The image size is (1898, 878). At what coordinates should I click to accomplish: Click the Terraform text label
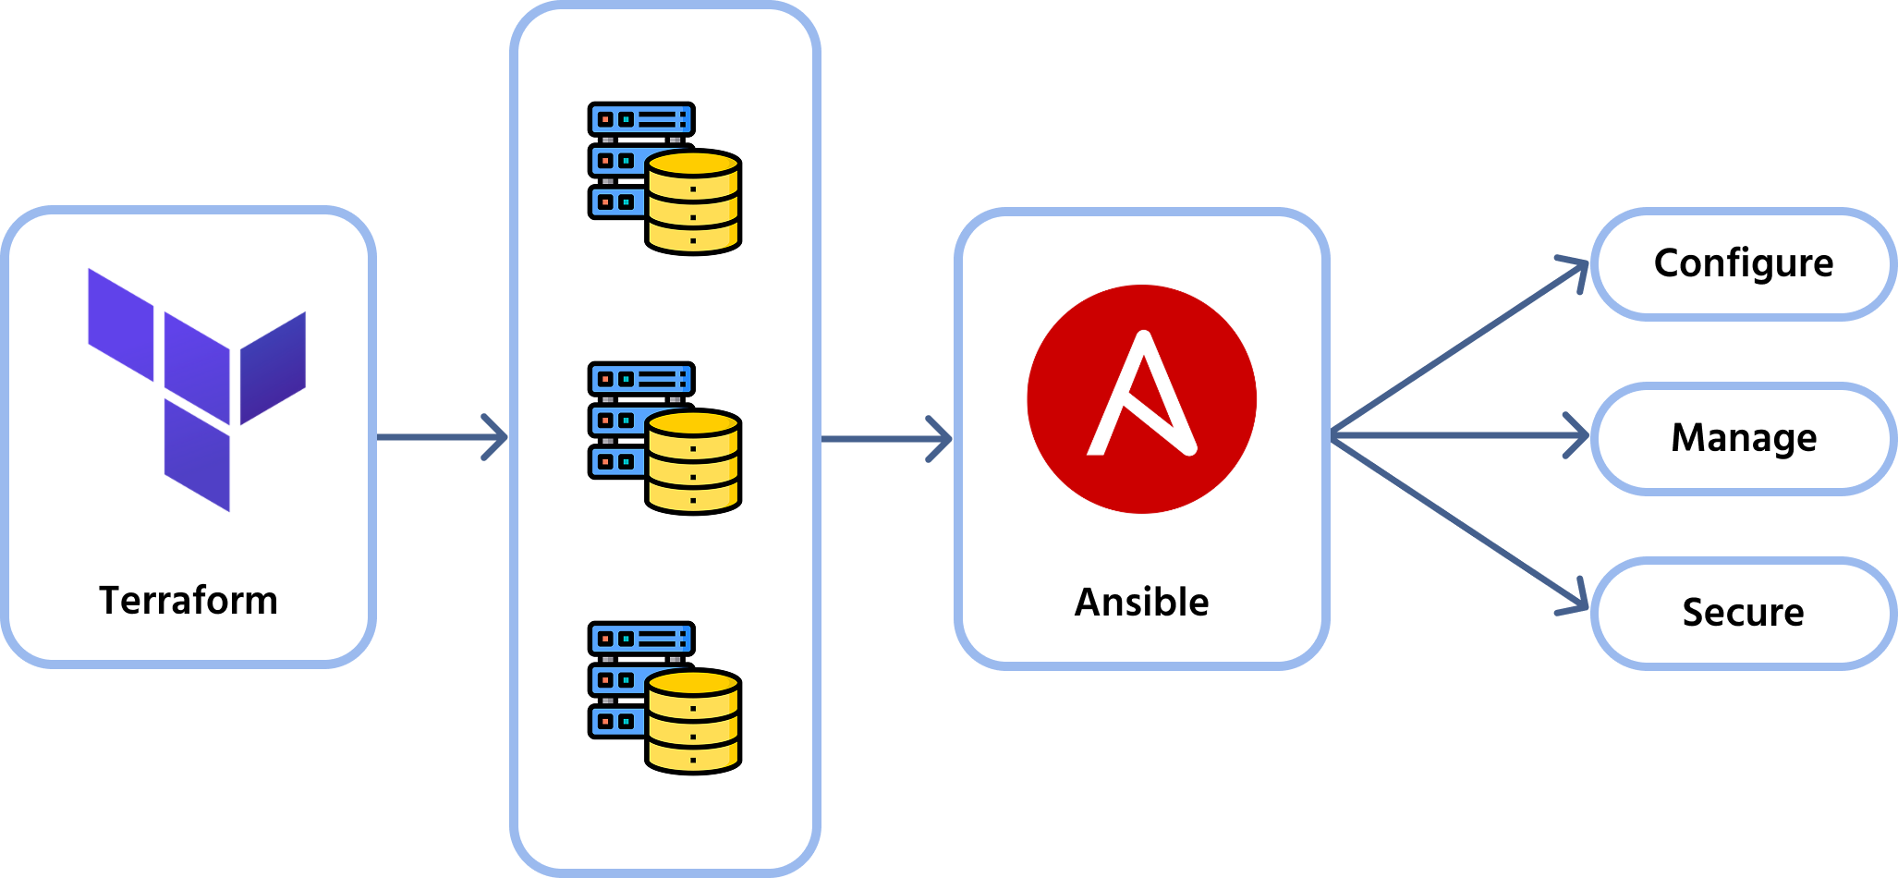pos(189,601)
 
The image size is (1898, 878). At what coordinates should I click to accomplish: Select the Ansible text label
pos(1141,603)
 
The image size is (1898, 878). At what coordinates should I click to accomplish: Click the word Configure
pos(1744,263)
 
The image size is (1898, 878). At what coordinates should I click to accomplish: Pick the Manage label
pos(1744,438)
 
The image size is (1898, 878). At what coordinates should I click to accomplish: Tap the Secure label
pos(1743,613)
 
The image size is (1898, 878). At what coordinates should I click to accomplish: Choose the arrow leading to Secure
pos(1460,525)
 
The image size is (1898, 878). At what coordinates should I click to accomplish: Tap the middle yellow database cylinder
pos(693,461)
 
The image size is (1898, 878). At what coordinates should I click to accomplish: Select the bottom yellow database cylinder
pos(693,721)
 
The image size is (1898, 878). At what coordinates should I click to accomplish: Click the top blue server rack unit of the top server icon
pos(641,119)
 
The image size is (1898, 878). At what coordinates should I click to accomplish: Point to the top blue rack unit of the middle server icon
pos(641,379)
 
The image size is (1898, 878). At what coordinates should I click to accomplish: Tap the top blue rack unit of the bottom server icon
pos(641,639)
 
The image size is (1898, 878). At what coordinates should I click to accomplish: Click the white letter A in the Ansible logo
pos(1142,397)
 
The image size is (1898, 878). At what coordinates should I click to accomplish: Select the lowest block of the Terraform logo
pos(197,455)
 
